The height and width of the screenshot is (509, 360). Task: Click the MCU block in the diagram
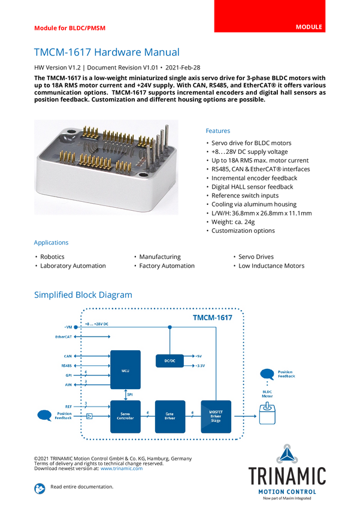pyautogui.click(x=125, y=370)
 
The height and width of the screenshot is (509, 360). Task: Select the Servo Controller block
pyautogui.click(x=125, y=416)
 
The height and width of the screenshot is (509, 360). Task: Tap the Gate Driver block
pyautogui.click(x=170, y=416)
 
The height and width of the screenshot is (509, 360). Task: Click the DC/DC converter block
pyautogui.click(x=170, y=360)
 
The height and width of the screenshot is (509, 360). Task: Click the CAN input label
pyautogui.click(x=68, y=356)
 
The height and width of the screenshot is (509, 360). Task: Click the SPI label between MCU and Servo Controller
pyautogui.click(x=130, y=395)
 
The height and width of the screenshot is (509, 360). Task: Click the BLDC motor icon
pyautogui.click(x=267, y=413)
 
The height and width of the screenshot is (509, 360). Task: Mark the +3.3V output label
pyautogui.click(x=201, y=365)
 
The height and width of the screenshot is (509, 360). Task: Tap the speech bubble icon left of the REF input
pyautogui.click(x=44, y=414)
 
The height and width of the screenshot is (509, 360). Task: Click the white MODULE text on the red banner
pyautogui.click(x=308, y=28)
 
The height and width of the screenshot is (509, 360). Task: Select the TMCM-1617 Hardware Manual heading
pyautogui.click(x=106, y=52)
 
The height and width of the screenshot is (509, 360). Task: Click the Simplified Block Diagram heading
pyautogui.click(x=83, y=295)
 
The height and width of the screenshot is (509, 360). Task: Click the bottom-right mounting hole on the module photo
pyautogui.click(x=144, y=175)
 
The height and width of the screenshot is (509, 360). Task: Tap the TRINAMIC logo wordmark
pyautogui.click(x=288, y=475)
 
